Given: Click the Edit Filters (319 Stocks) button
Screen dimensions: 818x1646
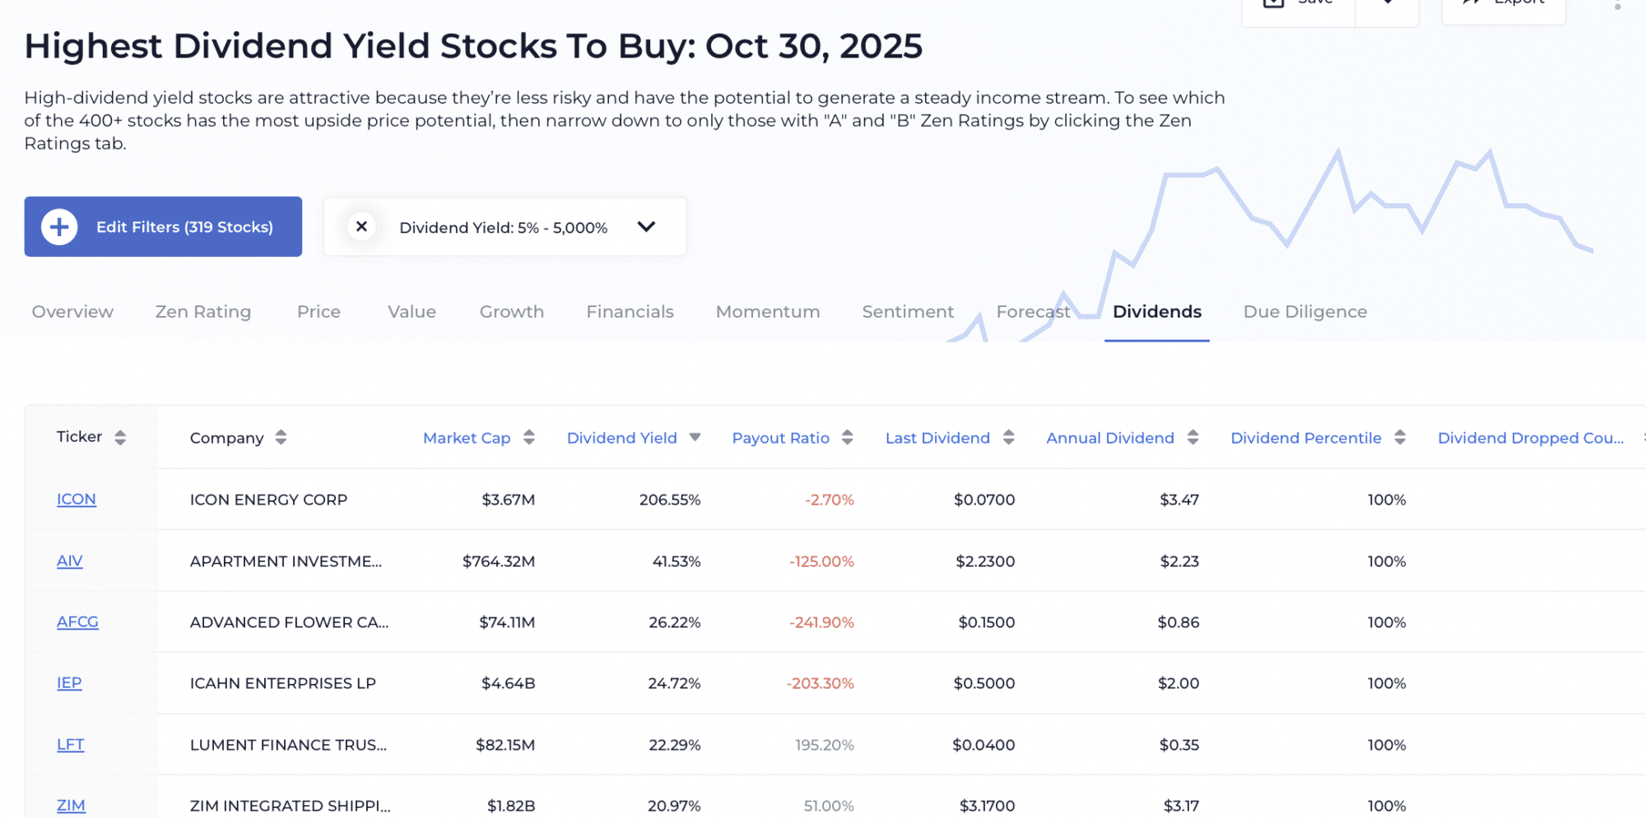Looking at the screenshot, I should click(163, 226).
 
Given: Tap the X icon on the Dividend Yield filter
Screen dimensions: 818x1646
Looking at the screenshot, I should click(361, 226).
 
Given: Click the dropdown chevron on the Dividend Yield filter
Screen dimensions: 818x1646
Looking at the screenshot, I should click(646, 226).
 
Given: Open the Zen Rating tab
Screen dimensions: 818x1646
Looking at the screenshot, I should click(203, 312).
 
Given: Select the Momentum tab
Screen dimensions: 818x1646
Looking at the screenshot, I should click(767, 312).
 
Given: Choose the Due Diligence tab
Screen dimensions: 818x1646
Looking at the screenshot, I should click(1304, 312).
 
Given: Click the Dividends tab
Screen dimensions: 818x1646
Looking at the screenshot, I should click(1156, 312).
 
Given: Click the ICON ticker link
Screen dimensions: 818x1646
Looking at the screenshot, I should click(76, 500).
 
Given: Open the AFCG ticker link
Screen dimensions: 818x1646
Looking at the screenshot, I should click(77, 622).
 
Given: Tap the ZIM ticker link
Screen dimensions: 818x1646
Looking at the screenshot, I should click(71, 806).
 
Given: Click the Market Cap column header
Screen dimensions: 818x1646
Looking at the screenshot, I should click(467, 438).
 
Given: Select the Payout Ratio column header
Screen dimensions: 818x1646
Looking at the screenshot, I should click(780, 438).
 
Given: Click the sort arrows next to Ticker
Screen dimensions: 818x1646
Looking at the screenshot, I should click(120, 438).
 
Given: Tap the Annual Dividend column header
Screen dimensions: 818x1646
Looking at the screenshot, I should click(1109, 438).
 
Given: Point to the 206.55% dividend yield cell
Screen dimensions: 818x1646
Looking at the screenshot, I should click(669, 500).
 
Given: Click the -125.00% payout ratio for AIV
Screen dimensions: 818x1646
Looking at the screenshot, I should click(821, 561).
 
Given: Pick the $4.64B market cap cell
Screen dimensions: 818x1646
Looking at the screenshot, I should click(508, 683).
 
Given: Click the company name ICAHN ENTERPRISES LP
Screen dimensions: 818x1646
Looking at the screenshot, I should click(282, 683).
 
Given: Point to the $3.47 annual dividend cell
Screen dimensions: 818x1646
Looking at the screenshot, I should click(1179, 500).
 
